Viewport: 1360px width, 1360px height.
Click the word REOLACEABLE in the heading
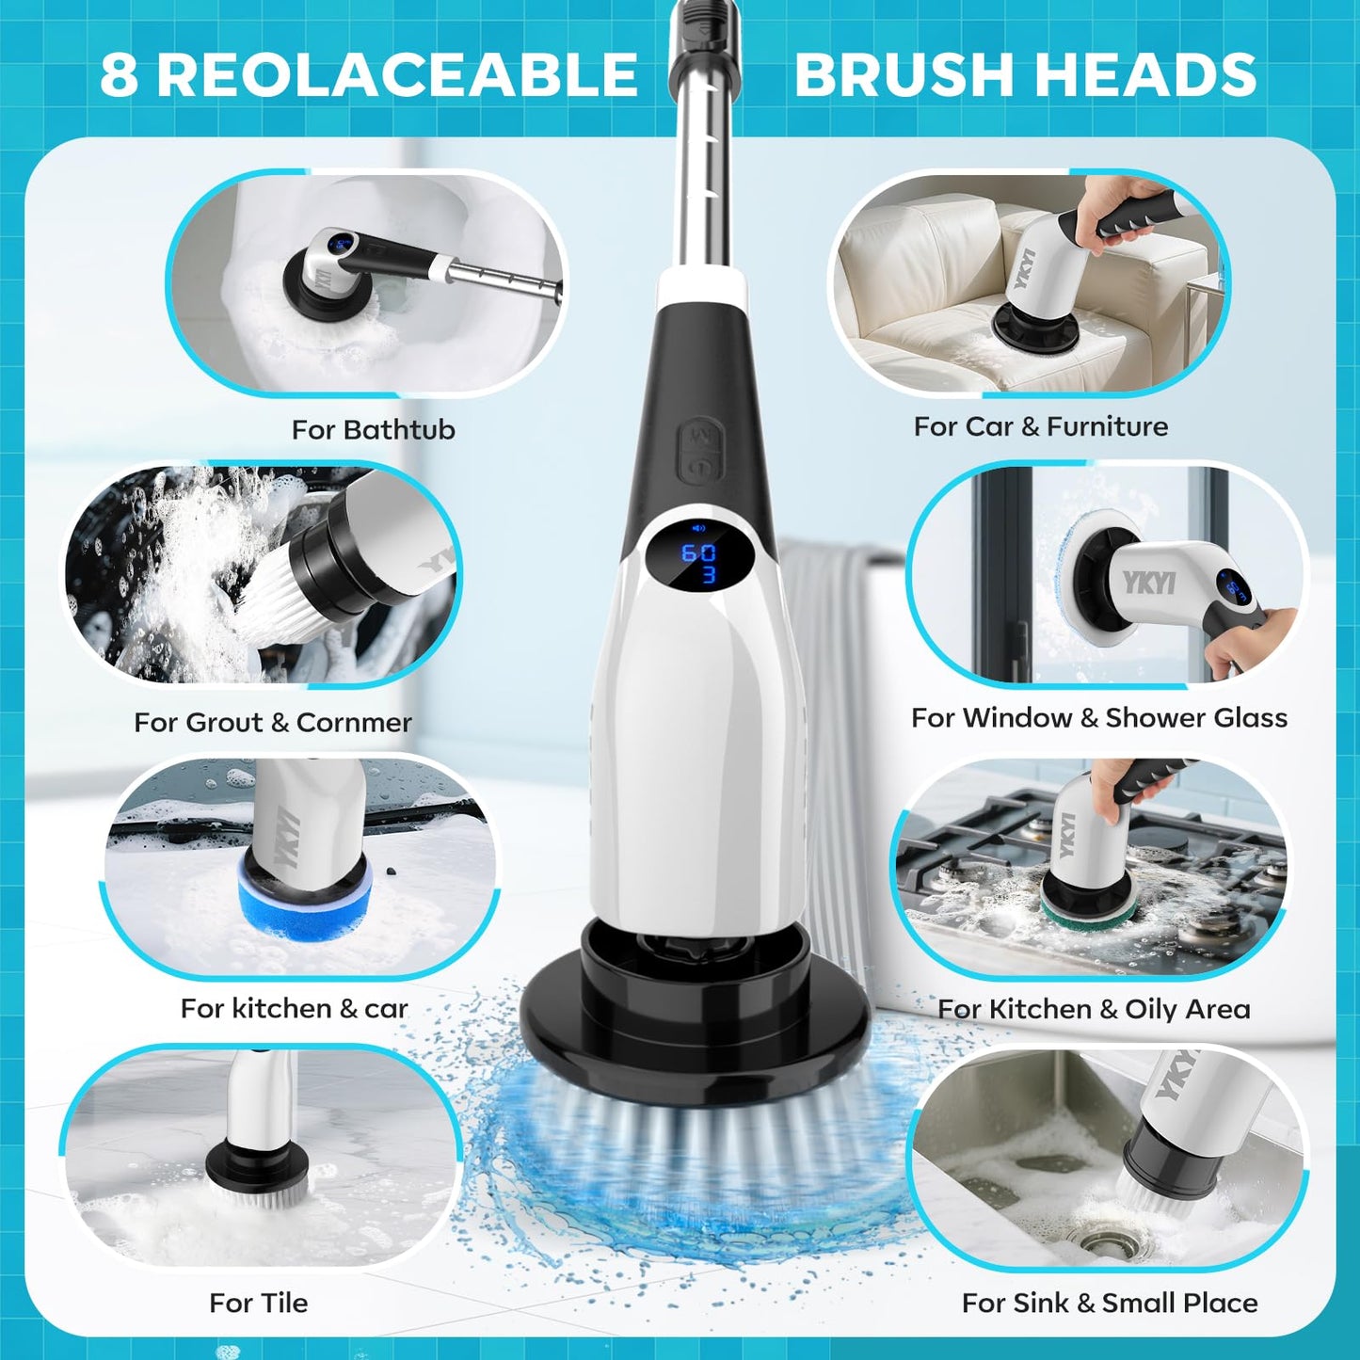point(397,75)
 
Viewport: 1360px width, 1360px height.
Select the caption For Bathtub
point(373,430)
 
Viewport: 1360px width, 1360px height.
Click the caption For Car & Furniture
point(1040,427)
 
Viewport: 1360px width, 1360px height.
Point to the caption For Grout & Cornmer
point(272,723)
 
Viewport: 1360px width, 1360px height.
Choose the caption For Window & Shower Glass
point(1098,718)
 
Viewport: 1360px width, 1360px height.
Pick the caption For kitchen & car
point(294,1009)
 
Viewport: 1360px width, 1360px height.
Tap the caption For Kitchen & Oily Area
point(1094,1010)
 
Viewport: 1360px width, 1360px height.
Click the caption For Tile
point(258,1304)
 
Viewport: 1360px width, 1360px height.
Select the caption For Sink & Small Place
point(1109,1304)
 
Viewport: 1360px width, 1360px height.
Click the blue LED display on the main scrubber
point(699,562)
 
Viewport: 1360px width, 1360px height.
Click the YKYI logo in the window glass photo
point(1149,582)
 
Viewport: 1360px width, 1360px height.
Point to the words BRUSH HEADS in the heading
point(1025,75)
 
